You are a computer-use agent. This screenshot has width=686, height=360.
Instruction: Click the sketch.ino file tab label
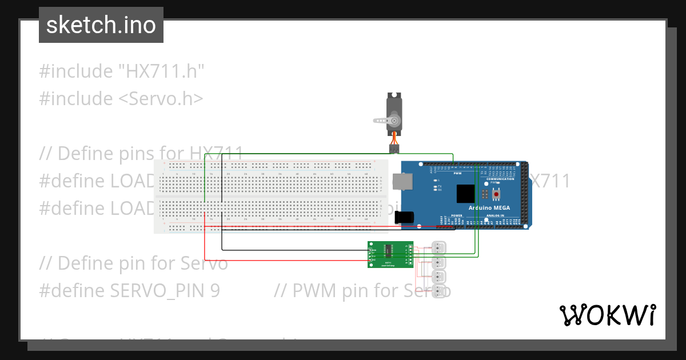pyautogui.click(x=101, y=25)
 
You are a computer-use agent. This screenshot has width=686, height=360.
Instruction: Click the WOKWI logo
pyautogui.click(x=607, y=315)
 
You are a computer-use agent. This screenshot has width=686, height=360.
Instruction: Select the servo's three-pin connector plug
pyautogui.click(x=394, y=149)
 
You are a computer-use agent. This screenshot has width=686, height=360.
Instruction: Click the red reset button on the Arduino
pyautogui.click(x=495, y=195)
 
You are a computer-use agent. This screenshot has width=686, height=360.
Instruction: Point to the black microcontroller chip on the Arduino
pyautogui.click(x=465, y=194)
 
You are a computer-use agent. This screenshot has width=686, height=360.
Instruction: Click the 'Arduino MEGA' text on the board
pyautogui.click(x=489, y=208)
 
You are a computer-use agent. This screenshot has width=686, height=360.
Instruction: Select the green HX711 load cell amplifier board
pyautogui.click(x=390, y=254)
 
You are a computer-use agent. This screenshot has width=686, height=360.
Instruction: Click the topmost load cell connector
pyautogui.click(x=439, y=248)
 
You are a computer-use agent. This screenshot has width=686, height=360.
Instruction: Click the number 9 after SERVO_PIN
pyautogui.click(x=214, y=291)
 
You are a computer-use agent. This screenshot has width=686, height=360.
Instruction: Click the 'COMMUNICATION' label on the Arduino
pyautogui.click(x=500, y=179)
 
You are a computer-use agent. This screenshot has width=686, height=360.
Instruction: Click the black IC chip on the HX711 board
pyautogui.click(x=388, y=250)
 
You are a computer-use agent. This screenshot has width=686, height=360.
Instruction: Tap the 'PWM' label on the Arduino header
pyautogui.click(x=457, y=173)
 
